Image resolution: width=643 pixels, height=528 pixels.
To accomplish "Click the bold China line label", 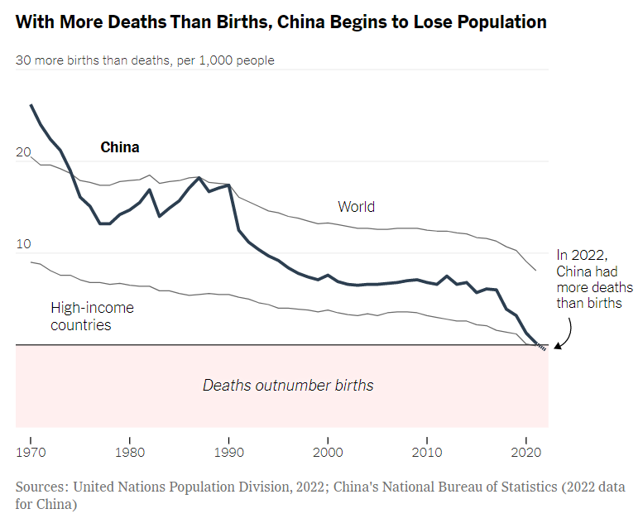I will tap(120, 147).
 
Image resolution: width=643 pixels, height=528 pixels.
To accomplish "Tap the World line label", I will tap(356, 206).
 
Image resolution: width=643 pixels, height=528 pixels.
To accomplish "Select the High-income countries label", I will tap(92, 316).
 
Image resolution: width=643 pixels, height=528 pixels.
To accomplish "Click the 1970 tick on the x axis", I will tap(31, 452).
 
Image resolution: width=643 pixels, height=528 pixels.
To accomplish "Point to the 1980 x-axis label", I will tap(130, 452).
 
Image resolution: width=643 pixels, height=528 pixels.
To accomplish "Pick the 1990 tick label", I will tap(229, 452).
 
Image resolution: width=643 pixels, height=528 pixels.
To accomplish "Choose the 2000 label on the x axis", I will tap(329, 452).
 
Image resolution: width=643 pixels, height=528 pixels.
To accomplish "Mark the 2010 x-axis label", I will tap(428, 452).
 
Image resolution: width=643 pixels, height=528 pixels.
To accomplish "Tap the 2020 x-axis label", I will tap(527, 452).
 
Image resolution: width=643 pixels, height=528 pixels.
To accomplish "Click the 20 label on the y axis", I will tap(23, 152).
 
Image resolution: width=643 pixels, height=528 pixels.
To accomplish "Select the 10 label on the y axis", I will tap(23, 244).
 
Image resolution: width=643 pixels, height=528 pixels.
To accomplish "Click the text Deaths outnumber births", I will tap(288, 385).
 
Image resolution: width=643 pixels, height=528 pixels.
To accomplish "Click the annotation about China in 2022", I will tap(594, 279).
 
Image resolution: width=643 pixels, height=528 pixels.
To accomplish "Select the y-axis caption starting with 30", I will tap(145, 60).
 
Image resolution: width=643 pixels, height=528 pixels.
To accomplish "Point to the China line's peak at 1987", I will tap(199, 177).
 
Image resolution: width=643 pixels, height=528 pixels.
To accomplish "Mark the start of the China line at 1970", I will tap(31, 105).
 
